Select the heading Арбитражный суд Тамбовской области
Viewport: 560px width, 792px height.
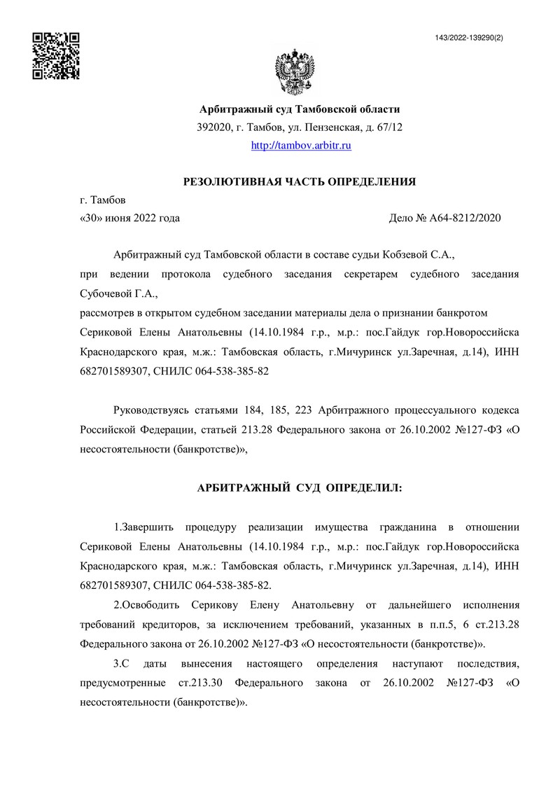[x=300, y=109]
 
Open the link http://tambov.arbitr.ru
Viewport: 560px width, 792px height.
[x=301, y=146]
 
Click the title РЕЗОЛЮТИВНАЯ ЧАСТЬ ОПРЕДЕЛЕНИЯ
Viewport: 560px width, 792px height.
[x=300, y=182]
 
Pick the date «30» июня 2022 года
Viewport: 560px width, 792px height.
[x=130, y=218]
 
